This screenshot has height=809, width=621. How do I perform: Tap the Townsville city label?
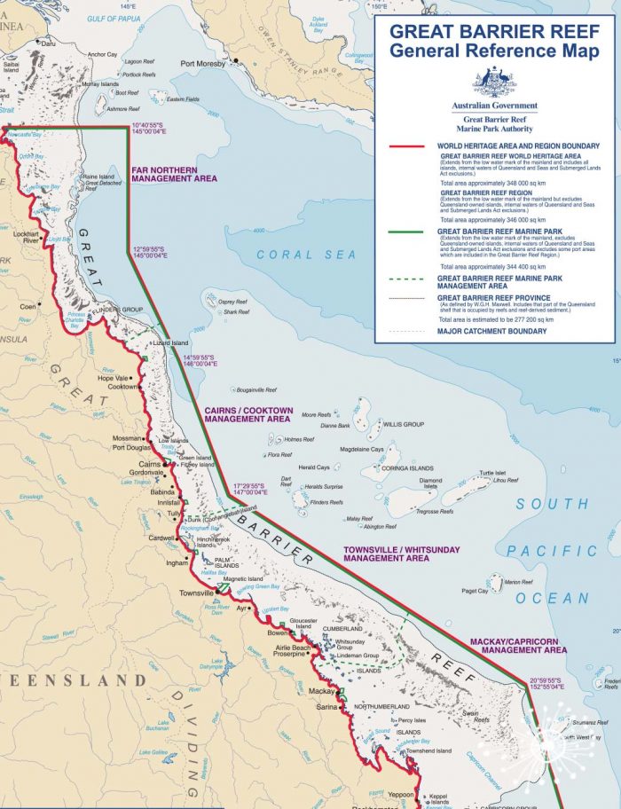click(196, 592)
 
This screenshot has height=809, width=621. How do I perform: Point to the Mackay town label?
click(319, 691)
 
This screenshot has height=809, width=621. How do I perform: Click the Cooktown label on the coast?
click(122, 387)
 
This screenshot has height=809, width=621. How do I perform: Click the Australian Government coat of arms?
click(494, 83)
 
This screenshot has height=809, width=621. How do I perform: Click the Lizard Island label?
click(170, 342)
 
